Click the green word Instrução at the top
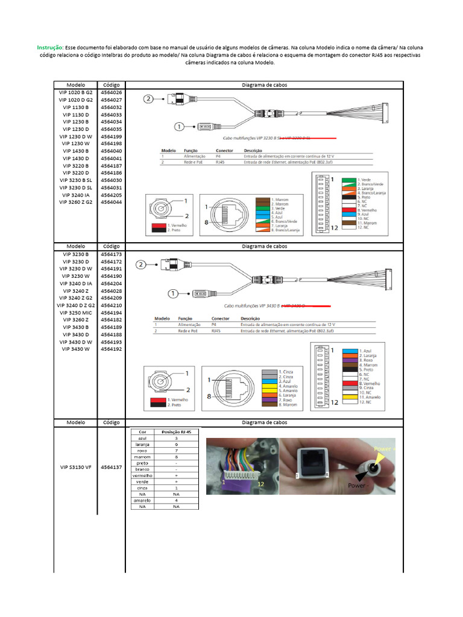(50, 47)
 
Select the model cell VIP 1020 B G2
(76, 92)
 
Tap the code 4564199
(112, 136)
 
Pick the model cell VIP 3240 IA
(76, 195)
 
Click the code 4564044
(112, 202)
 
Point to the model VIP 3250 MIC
(76, 313)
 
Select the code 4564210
(112, 305)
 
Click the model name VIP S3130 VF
(76, 466)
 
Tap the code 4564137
(112, 466)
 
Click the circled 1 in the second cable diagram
(173, 293)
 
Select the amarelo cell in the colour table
(142, 500)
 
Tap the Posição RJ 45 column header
(177, 432)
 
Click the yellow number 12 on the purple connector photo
(260, 484)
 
